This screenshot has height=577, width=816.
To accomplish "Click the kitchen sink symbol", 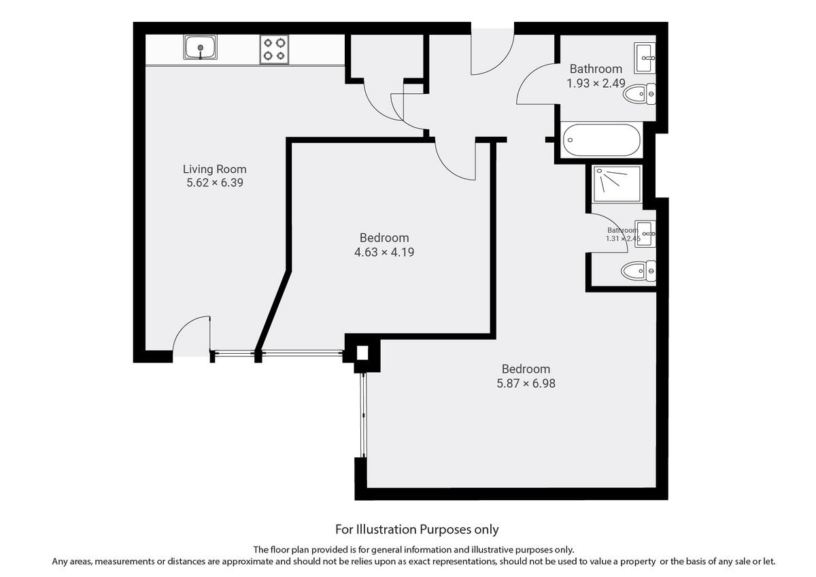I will tap(201, 48).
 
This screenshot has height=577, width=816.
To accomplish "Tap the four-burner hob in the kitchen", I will tap(274, 49).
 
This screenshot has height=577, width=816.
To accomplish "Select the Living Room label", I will tap(214, 169).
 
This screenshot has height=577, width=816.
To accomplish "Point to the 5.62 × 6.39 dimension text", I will tap(214, 183).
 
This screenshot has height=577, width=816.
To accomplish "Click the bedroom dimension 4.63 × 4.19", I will tap(384, 252).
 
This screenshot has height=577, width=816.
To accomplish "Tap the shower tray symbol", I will tap(617, 184).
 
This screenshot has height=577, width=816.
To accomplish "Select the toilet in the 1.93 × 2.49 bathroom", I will tap(639, 94).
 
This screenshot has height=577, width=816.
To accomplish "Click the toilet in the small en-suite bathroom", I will tap(639, 272).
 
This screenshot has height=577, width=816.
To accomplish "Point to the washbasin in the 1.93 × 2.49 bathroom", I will tap(645, 59).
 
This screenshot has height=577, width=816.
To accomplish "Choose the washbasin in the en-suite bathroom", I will tap(645, 234).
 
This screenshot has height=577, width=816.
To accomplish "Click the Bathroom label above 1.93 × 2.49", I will tap(596, 69).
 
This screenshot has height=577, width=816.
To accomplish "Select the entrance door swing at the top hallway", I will tap(492, 54).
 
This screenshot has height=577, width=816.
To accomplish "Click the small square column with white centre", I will tap(362, 353).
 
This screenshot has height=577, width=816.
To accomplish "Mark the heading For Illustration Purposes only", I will tap(417, 529).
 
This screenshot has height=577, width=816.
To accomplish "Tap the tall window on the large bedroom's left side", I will tap(363, 415).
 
